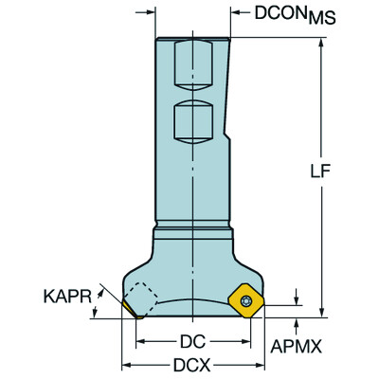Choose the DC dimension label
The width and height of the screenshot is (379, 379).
(193, 340)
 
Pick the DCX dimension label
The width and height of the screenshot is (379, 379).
(193, 364)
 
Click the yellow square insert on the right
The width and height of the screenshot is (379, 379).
(245, 299)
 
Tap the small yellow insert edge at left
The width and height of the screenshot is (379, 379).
(128, 307)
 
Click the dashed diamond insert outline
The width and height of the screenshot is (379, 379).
(144, 298)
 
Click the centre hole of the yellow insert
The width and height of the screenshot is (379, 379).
(246, 299)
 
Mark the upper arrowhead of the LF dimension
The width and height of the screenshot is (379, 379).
(324, 42)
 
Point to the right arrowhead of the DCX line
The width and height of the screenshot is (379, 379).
(259, 364)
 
